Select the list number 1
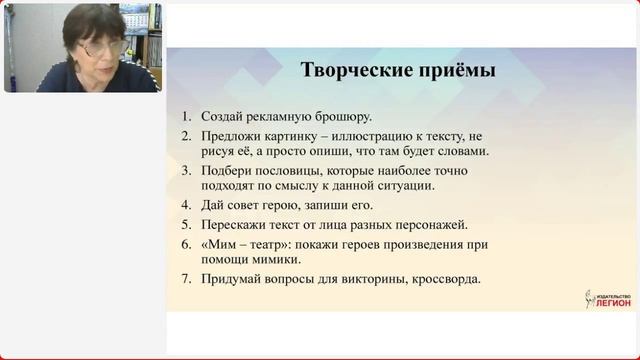coord(187,117)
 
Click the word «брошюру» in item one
coord(342,117)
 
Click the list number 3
coord(187,171)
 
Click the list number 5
coord(187,225)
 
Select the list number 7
coord(187,279)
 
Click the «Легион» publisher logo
coord(608,298)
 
